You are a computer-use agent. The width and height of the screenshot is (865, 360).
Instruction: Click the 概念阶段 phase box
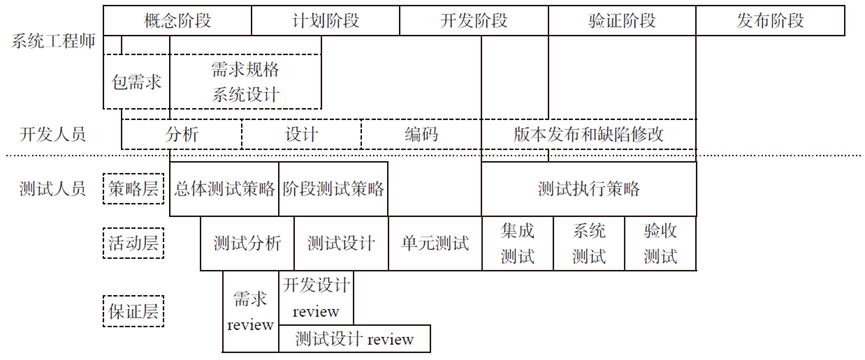178,20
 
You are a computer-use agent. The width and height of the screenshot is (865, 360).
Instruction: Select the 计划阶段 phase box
325,20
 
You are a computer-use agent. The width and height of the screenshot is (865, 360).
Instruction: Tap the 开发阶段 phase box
474,20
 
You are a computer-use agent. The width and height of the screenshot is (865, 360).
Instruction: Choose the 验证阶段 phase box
622,20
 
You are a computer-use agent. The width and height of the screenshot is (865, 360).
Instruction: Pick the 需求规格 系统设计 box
246,82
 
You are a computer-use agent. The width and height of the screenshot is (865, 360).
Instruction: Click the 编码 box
421,134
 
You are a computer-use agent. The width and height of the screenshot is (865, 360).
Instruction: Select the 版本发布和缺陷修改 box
589,134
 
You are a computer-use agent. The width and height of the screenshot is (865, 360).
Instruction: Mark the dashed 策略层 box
134,188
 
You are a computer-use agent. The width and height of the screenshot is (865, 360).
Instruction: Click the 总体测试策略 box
224,188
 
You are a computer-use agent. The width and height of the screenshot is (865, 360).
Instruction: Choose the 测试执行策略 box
589,188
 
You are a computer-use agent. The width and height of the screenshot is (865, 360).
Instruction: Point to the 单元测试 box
435,243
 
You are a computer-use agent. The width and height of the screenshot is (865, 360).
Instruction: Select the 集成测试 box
517,243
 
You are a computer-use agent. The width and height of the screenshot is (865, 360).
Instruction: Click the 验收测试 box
661,243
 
